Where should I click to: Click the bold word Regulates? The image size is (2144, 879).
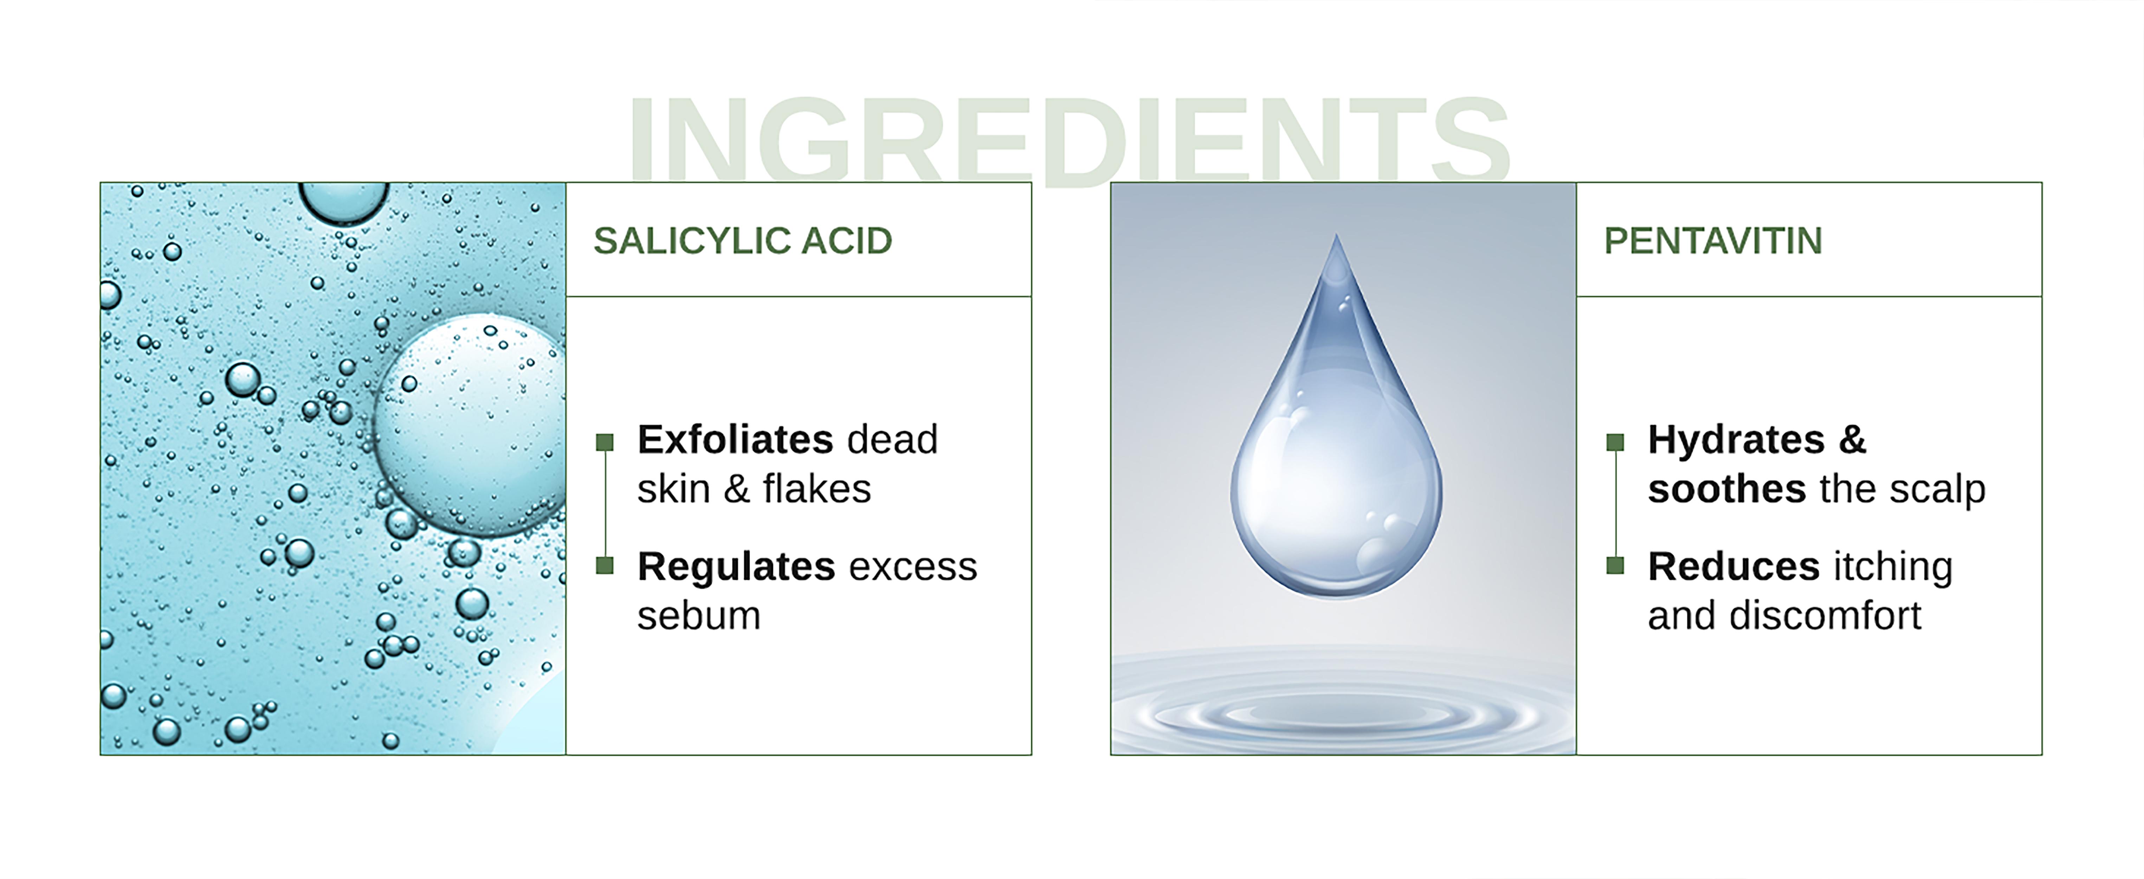coord(736,567)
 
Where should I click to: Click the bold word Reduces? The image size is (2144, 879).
coord(1734,567)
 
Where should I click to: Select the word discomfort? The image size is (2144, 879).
coord(1825,616)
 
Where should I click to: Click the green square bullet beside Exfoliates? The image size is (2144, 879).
coord(605,442)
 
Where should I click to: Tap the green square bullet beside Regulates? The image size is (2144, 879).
coord(605,565)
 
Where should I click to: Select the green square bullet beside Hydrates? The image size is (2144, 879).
coord(1615,442)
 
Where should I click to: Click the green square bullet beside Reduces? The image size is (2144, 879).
coord(1615,565)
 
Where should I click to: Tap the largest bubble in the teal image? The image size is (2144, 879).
coord(470,424)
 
